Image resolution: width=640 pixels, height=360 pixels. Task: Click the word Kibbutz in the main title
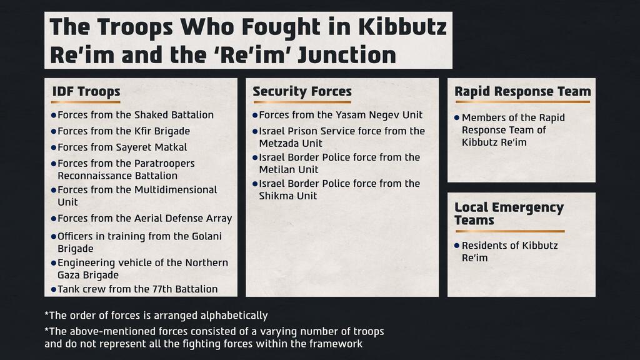click(x=402, y=27)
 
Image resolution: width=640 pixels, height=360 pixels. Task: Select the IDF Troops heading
click(x=86, y=91)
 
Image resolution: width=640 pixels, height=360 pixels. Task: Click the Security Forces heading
click(x=302, y=91)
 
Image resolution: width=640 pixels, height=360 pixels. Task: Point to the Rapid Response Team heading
click(x=522, y=91)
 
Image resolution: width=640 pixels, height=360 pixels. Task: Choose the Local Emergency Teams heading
click(x=509, y=214)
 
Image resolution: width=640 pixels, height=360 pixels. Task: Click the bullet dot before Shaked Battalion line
click(x=54, y=116)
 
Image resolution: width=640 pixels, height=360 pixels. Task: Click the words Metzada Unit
click(x=291, y=144)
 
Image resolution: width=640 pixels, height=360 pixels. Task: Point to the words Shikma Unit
click(x=287, y=196)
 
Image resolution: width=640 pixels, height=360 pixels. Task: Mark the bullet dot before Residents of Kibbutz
click(x=457, y=246)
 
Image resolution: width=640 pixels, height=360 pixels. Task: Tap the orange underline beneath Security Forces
click(x=302, y=102)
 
